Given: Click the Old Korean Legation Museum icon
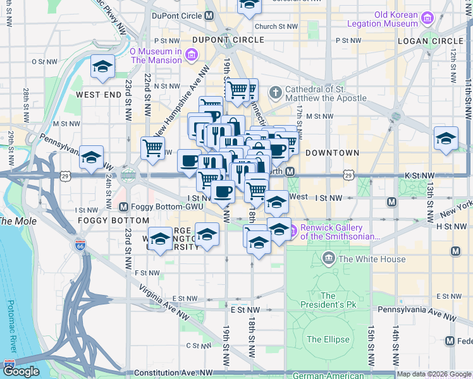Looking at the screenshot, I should coord(427,18).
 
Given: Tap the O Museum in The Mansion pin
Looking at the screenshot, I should coord(191,55).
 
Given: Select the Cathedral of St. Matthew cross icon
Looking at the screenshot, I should coord(275,93).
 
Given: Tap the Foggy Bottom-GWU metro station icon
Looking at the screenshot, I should coord(123,207).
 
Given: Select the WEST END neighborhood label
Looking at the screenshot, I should coord(99,94).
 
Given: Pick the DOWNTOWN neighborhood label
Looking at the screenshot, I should coord(332,153).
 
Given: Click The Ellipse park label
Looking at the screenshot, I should coord(328,339).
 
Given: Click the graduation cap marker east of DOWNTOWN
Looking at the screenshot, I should coord(446,138).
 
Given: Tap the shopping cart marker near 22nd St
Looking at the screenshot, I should coord(152,148).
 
